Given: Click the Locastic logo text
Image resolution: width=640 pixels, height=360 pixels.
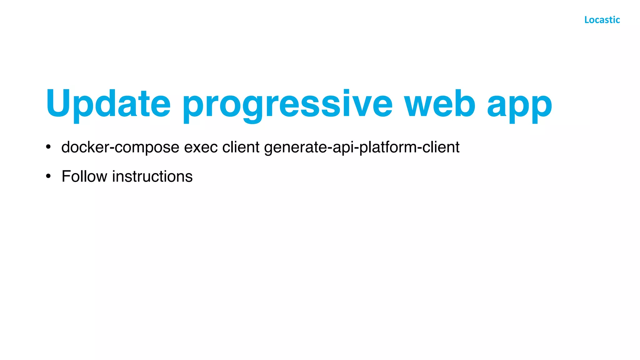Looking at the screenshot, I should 602,20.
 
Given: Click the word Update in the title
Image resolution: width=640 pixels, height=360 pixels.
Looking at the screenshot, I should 108,104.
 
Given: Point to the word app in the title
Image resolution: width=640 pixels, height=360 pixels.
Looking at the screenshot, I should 519,106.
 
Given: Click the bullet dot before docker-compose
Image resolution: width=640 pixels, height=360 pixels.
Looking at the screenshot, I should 48,147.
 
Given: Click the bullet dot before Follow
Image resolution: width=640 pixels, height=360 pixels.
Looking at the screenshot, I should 48,176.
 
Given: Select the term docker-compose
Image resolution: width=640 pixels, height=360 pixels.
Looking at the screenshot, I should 120,147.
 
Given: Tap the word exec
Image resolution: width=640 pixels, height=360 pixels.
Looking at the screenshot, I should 201,147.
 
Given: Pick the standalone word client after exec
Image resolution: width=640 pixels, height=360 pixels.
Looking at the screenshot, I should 241,147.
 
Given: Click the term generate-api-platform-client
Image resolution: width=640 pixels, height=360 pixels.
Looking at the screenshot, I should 362,147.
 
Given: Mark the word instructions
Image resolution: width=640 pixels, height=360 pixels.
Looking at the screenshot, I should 152,176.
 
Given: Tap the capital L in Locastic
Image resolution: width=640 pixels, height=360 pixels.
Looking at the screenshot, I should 587,20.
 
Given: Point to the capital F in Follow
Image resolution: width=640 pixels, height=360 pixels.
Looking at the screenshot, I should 66,176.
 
